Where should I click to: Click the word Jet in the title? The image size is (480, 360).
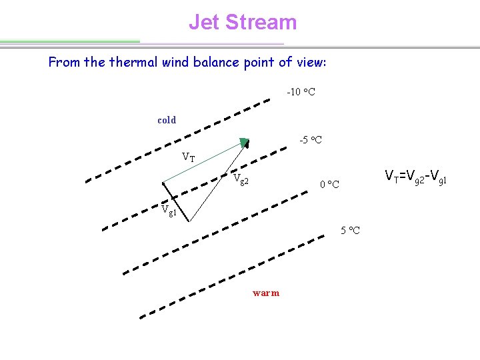tap(204, 22)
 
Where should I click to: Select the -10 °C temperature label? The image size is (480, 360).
tap(301, 91)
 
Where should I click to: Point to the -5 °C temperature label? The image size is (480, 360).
tap(310, 140)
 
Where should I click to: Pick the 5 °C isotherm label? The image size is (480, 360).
tap(350, 231)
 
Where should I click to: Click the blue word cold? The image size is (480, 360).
tap(167, 120)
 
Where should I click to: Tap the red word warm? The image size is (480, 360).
tap(266, 293)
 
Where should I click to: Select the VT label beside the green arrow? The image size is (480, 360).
tap(189, 158)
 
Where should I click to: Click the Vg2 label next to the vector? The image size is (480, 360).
tap(241, 180)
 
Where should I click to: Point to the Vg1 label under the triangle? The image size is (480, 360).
tap(169, 209)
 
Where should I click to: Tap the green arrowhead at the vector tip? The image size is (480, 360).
tap(245, 142)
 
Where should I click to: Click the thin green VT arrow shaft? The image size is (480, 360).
tap(203, 161)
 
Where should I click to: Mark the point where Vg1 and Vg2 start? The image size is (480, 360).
tap(191, 221)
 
